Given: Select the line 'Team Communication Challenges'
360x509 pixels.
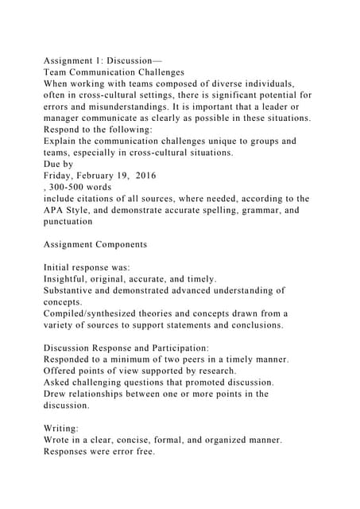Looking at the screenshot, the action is tap(114, 72).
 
